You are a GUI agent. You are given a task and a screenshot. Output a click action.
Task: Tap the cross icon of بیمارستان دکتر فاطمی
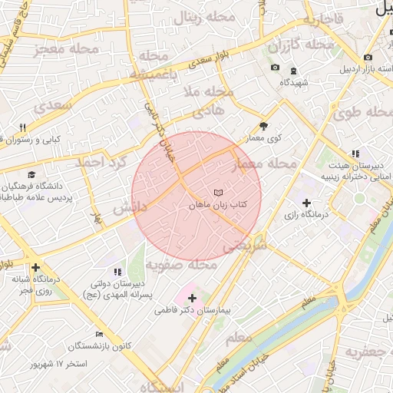(x=192, y=297)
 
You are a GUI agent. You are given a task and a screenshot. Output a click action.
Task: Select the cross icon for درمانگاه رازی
(x=307, y=203)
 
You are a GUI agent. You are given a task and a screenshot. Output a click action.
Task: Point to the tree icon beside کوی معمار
(x=264, y=125)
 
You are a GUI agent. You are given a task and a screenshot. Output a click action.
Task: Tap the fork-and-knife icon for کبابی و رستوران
(x=22, y=127)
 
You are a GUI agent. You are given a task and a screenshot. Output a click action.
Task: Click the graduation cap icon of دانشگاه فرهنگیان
(x=31, y=174)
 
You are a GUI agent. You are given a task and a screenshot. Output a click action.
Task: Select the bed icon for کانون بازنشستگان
(x=99, y=334)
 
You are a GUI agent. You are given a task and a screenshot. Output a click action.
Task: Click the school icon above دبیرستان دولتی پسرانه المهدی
(x=117, y=272)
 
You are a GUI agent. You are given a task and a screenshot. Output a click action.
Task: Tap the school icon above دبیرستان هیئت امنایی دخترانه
(x=355, y=154)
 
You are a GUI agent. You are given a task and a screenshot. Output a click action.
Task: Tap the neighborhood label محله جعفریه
(x=365, y=352)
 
